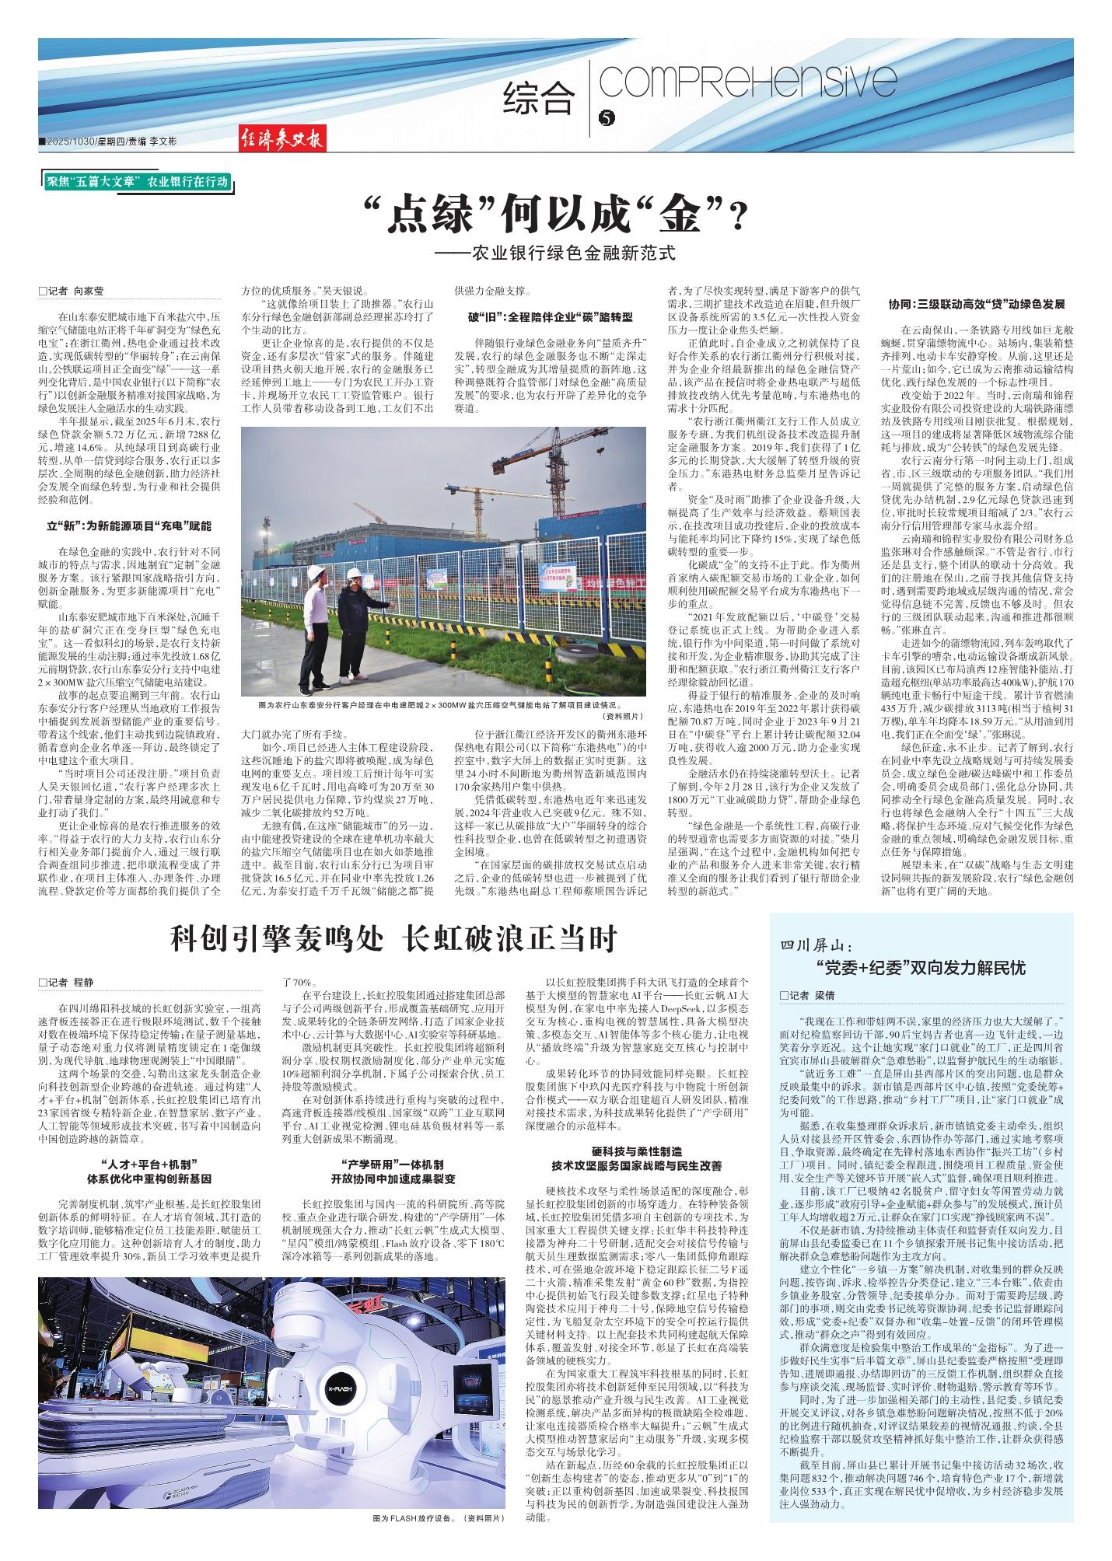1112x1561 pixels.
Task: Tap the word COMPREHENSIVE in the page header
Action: pyautogui.click(x=749, y=82)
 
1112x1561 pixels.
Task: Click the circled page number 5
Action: pyautogui.click(x=607, y=117)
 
